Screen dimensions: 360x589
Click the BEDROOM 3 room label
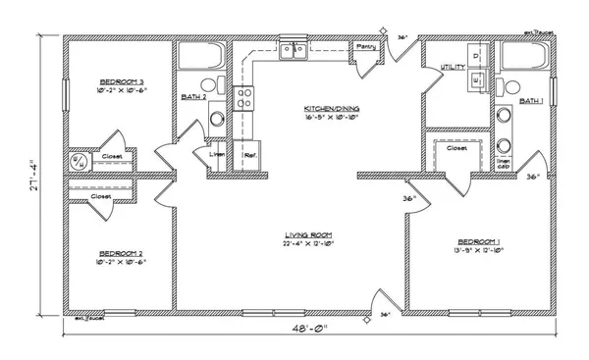(x=122, y=81)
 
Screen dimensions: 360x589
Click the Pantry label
(x=367, y=46)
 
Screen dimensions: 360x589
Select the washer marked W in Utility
(x=475, y=82)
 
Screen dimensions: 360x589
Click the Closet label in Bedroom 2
(x=101, y=196)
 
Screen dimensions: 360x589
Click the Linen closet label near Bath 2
(x=219, y=155)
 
